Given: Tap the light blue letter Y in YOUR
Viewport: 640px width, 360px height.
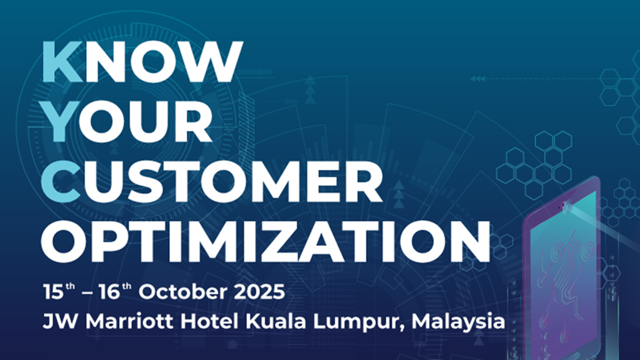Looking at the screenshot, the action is click(x=60, y=121).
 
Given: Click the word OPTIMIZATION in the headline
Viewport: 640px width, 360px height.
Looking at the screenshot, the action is click(x=265, y=242).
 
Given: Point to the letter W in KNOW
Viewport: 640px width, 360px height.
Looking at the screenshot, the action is click(x=212, y=62).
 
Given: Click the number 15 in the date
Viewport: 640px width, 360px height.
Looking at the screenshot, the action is click(x=54, y=292).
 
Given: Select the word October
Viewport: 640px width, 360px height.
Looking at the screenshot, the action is click(x=183, y=292).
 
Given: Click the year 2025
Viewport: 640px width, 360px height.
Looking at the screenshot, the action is click(x=260, y=292).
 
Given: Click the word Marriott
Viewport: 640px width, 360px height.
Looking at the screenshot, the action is click(x=130, y=321).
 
